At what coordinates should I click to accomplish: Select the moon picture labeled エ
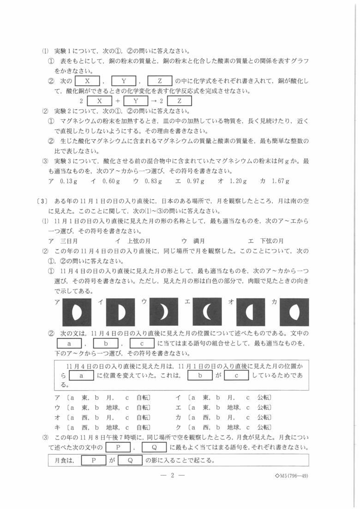207,312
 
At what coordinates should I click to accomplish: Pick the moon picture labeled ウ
164,312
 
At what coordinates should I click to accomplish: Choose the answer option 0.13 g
67,181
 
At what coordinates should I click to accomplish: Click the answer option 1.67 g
281,181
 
